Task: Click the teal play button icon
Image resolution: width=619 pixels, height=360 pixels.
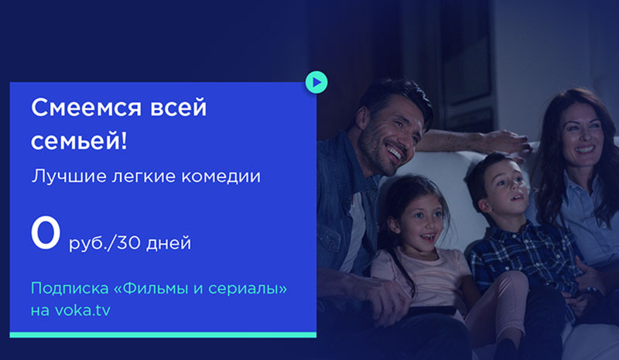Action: (316, 82)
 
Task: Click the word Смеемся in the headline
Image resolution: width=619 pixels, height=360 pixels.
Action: (86, 108)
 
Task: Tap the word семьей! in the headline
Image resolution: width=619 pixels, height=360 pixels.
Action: (80, 141)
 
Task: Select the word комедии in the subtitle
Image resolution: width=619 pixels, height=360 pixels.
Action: (221, 177)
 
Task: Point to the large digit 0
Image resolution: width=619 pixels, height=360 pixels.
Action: (46, 232)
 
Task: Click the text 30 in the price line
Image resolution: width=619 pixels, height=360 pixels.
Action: (129, 242)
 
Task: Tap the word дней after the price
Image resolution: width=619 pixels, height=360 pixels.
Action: (169, 243)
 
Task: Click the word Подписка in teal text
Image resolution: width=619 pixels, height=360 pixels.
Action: (70, 289)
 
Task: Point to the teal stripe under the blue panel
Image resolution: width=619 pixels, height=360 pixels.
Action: (163, 335)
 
